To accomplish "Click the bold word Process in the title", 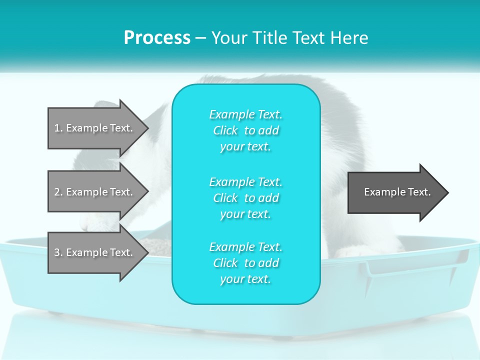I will point(157,38).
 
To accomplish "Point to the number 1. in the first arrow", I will point(58,128).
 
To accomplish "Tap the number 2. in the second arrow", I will point(58,192).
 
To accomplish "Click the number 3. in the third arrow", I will point(58,252).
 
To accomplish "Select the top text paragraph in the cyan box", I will point(245,130).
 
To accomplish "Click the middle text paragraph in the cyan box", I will point(245,198).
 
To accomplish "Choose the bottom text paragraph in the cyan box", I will point(245,263).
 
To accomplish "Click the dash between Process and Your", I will point(200,38).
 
